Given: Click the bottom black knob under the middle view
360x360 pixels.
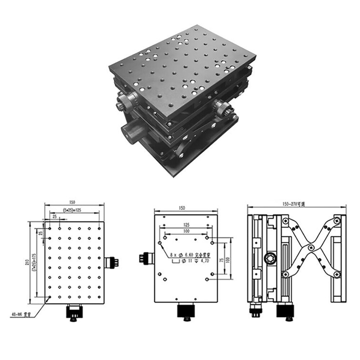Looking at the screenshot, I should point(186,311).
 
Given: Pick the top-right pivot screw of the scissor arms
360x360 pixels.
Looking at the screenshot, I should point(337,220).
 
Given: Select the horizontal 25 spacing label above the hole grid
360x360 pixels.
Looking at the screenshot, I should point(54,216).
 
